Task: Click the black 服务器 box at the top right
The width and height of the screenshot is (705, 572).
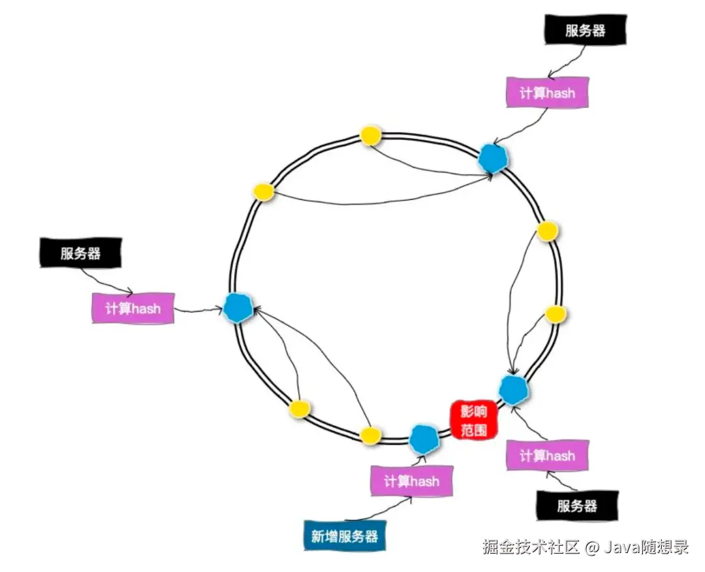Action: click(586, 31)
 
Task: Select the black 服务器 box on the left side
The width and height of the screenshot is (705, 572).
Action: click(81, 253)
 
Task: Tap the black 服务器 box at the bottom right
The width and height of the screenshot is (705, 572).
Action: click(577, 505)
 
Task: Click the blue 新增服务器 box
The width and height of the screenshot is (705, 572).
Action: click(345, 536)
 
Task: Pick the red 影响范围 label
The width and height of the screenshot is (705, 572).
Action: click(474, 419)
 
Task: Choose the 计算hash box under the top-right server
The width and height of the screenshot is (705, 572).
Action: click(548, 93)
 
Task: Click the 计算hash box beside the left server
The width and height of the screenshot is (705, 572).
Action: click(133, 308)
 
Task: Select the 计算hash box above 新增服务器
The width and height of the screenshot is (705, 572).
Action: click(411, 481)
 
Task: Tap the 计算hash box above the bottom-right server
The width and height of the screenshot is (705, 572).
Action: click(547, 455)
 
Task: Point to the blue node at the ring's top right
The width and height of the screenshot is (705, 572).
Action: click(493, 158)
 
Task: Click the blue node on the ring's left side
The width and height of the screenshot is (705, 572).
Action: click(238, 307)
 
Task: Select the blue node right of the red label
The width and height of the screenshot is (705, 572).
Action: click(514, 389)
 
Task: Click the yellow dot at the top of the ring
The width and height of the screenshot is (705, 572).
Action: click(370, 136)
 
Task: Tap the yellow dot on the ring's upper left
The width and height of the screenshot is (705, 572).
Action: click(264, 191)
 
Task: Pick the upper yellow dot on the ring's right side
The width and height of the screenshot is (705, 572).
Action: click(547, 230)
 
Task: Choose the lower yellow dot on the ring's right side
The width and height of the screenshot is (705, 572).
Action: click(556, 314)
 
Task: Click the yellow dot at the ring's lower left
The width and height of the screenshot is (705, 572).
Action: click(299, 409)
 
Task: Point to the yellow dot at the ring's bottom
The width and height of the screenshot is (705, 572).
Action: click(369, 435)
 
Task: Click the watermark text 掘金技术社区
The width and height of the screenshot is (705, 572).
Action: click(531, 547)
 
